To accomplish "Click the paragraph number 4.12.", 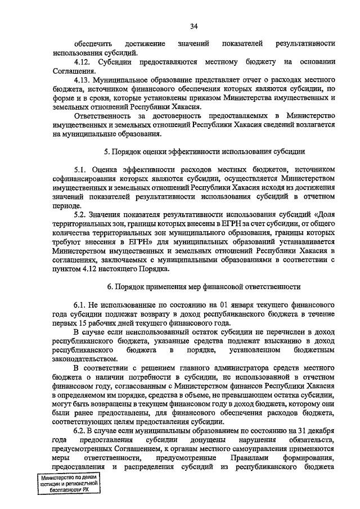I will click(83, 61).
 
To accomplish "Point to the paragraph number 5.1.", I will click(81, 169).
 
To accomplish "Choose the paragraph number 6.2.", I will click(81, 430).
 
